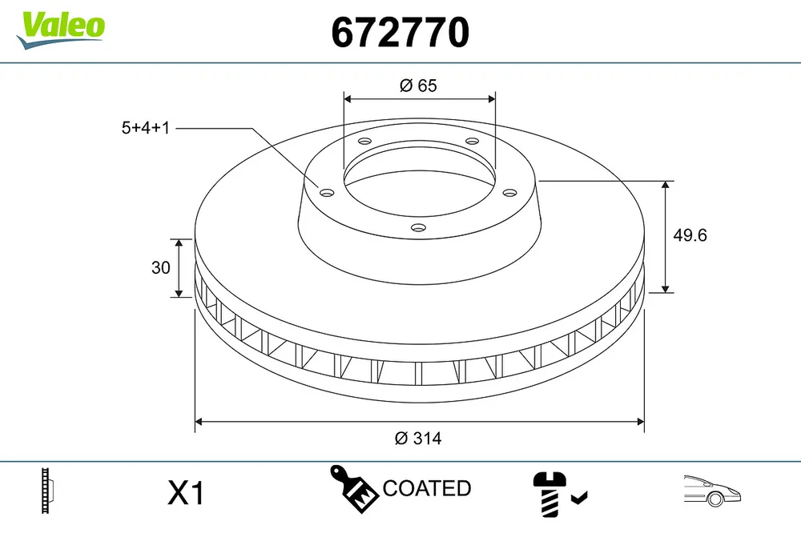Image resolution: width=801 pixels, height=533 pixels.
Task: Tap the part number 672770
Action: click(x=400, y=32)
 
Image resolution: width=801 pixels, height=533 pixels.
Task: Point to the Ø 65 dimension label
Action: click(x=418, y=86)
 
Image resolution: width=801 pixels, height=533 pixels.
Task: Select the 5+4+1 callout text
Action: click(x=146, y=127)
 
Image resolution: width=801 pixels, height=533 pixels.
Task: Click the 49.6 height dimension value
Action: click(x=690, y=235)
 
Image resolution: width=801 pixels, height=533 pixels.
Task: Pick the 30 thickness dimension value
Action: click(x=161, y=267)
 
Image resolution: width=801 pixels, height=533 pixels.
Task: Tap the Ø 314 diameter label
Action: click(x=418, y=438)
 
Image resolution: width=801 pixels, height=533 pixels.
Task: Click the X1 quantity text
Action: click(x=186, y=493)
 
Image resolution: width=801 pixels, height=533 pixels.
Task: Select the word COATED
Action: click(x=427, y=488)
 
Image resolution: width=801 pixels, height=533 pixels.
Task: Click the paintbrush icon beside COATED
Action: click(x=353, y=488)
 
